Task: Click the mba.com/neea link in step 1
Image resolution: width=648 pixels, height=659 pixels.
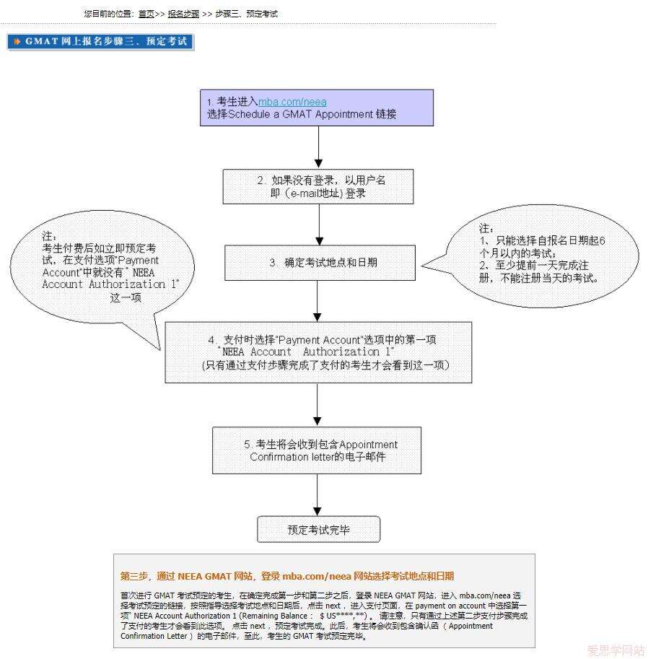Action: tap(292, 102)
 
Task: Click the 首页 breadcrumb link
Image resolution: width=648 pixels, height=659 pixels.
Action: tap(146, 14)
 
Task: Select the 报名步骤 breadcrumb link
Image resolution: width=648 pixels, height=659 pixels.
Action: tap(183, 14)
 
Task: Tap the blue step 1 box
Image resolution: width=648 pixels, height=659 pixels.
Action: tap(317, 108)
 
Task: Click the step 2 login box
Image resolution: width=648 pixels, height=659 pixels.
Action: tap(318, 187)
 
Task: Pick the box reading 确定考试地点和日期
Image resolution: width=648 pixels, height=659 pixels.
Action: tap(320, 263)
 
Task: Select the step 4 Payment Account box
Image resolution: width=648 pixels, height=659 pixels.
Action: tap(318, 352)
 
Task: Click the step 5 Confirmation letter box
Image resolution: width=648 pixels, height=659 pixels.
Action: tap(317, 450)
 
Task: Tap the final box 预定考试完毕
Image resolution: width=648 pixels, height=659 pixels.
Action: tap(318, 530)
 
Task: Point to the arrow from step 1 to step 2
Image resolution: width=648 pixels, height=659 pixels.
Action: tap(318, 148)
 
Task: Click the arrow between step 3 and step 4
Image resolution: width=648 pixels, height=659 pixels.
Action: tap(318, 300)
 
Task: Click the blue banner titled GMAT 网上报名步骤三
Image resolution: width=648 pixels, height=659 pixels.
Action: tap(100, 42)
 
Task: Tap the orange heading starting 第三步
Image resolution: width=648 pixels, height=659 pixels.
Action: tap(287, 576)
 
